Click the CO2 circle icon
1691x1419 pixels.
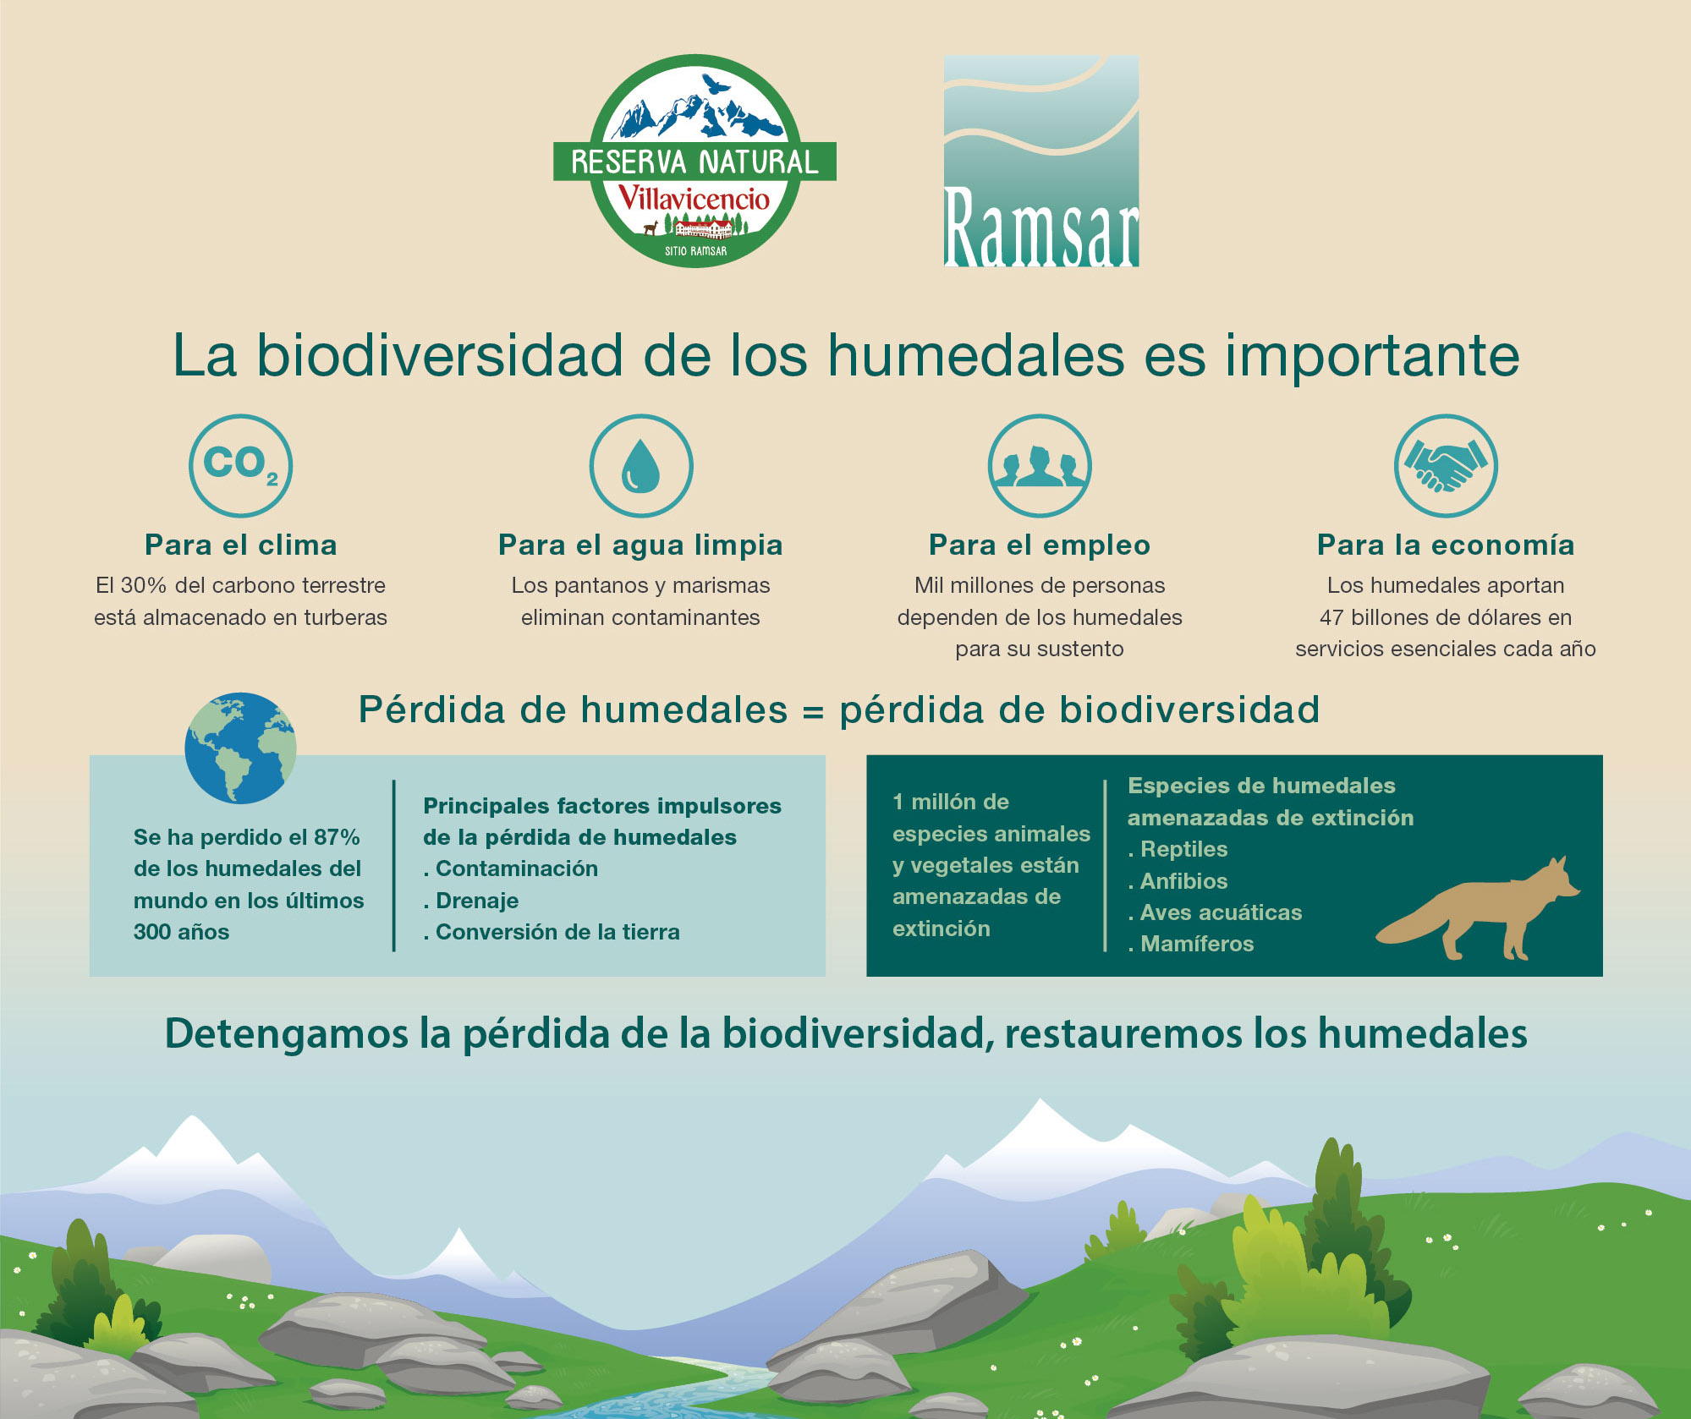(x=240, y=466)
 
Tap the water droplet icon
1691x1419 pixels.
(x=640, y=466)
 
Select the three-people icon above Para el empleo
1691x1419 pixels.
(x=1040, y=466)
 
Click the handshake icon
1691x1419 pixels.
(x=1446, y=466)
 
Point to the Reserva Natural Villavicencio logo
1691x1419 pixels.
(x=695, y=161)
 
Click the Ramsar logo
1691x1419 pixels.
(x=1041, y=162)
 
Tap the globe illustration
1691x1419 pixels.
(x=241, y=748)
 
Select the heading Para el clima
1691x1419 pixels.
(x=241, y=545)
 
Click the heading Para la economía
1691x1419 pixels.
(x=1446, y=545)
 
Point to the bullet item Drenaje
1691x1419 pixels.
(x=471, y=901)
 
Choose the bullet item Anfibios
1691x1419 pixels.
(x=1178, y=881)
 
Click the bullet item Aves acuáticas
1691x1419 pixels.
(x=1215, y=912)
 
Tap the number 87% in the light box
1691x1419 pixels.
(x=337, y=837)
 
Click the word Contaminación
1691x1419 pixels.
(x=517, y=868)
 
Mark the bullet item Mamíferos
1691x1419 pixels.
(x=1191, y=944)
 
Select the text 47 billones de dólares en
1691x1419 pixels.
(x=1446, y=617)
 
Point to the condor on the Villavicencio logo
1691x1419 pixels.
(x=715, y=84)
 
